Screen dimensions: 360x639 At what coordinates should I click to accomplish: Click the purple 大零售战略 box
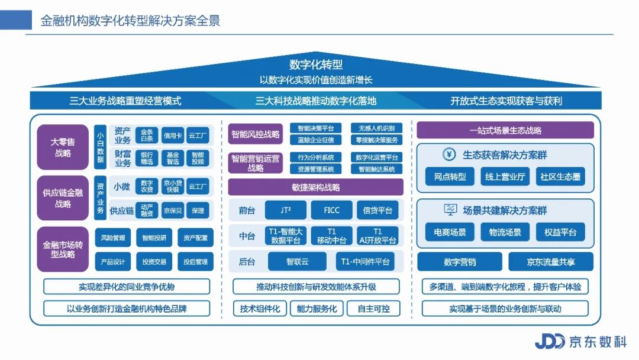tap(63, 147)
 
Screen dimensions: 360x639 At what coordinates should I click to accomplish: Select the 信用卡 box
tap(173, 136)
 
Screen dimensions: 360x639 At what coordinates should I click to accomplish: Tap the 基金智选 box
tap(173, 158)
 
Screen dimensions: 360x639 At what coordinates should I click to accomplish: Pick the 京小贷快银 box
tap(173, 187)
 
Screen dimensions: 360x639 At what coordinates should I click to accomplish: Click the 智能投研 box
tap(154, 238)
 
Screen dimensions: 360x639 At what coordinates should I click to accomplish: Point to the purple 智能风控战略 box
tap(256, 134)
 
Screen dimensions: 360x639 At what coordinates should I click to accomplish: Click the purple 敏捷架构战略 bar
tap(315, 187)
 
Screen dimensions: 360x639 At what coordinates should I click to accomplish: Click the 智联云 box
tap(297, 261)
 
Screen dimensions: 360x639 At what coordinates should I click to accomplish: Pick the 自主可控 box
tap(378, 308)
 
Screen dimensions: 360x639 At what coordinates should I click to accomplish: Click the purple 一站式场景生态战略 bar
tap(505, 130)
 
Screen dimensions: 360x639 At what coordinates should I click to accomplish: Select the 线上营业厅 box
tap(505, 176)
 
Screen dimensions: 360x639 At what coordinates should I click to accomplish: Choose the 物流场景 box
tap(505, 232)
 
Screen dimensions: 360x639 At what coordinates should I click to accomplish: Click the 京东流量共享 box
tap(550, 262)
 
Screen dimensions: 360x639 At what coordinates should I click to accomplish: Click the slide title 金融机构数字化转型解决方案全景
tap(130, 21)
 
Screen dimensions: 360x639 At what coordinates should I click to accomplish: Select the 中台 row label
tap(247, 236)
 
